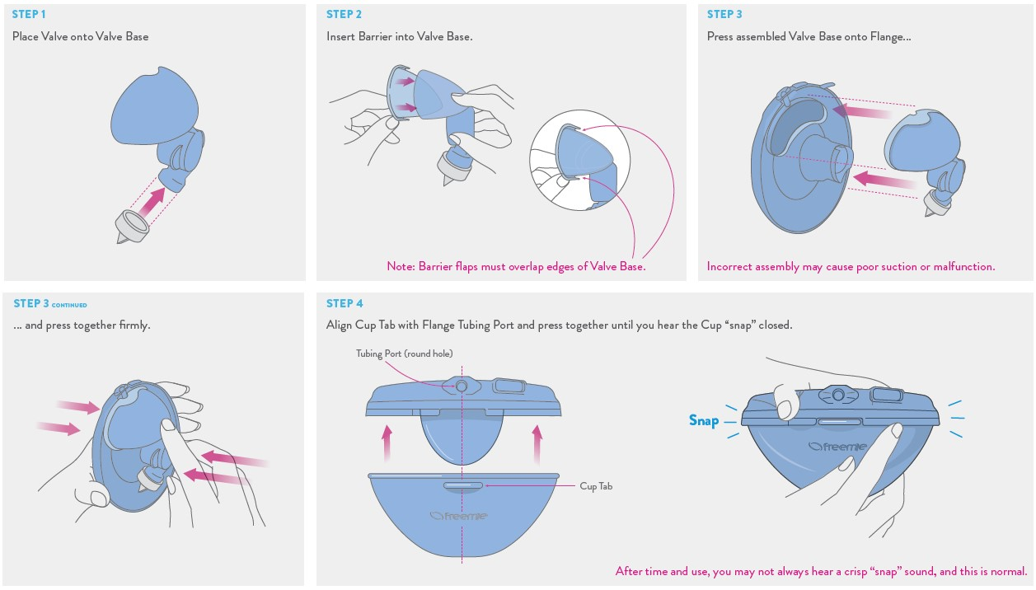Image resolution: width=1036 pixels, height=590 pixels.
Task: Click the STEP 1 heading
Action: point(29,15)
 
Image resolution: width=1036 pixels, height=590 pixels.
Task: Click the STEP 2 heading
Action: point(344,15)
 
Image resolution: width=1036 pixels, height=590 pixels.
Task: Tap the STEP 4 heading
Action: point(344,304)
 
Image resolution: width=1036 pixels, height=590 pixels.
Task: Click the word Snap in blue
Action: point(704,421)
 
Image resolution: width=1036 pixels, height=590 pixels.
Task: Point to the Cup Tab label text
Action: point(596,486)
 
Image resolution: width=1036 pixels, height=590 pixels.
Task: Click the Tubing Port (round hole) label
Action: point(404,354)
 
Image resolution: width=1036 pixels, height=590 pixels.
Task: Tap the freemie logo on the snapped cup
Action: point(837,447)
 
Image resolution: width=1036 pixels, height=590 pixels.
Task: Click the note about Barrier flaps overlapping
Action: point(516,266)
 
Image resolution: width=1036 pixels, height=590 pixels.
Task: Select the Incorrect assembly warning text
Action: point(851,266)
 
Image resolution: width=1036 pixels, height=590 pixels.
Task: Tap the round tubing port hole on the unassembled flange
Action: point(462,386)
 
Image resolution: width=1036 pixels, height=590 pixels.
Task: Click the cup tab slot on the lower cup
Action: point(462,486)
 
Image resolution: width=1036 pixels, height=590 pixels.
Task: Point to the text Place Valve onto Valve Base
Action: point(80,36)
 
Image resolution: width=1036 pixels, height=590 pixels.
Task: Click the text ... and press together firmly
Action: point(82,325)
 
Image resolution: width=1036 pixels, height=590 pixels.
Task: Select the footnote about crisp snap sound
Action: point(821,571)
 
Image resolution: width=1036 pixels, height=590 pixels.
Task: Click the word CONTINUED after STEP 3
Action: point(69,305)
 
